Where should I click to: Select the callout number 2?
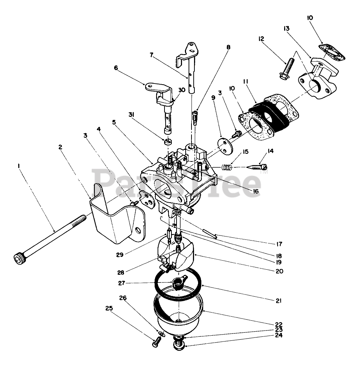click(x=60, y=147)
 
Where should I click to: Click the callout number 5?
click(x=114, y=123)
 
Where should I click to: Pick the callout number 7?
click(x=151, y=55)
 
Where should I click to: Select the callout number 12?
click(x=261, y=39)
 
